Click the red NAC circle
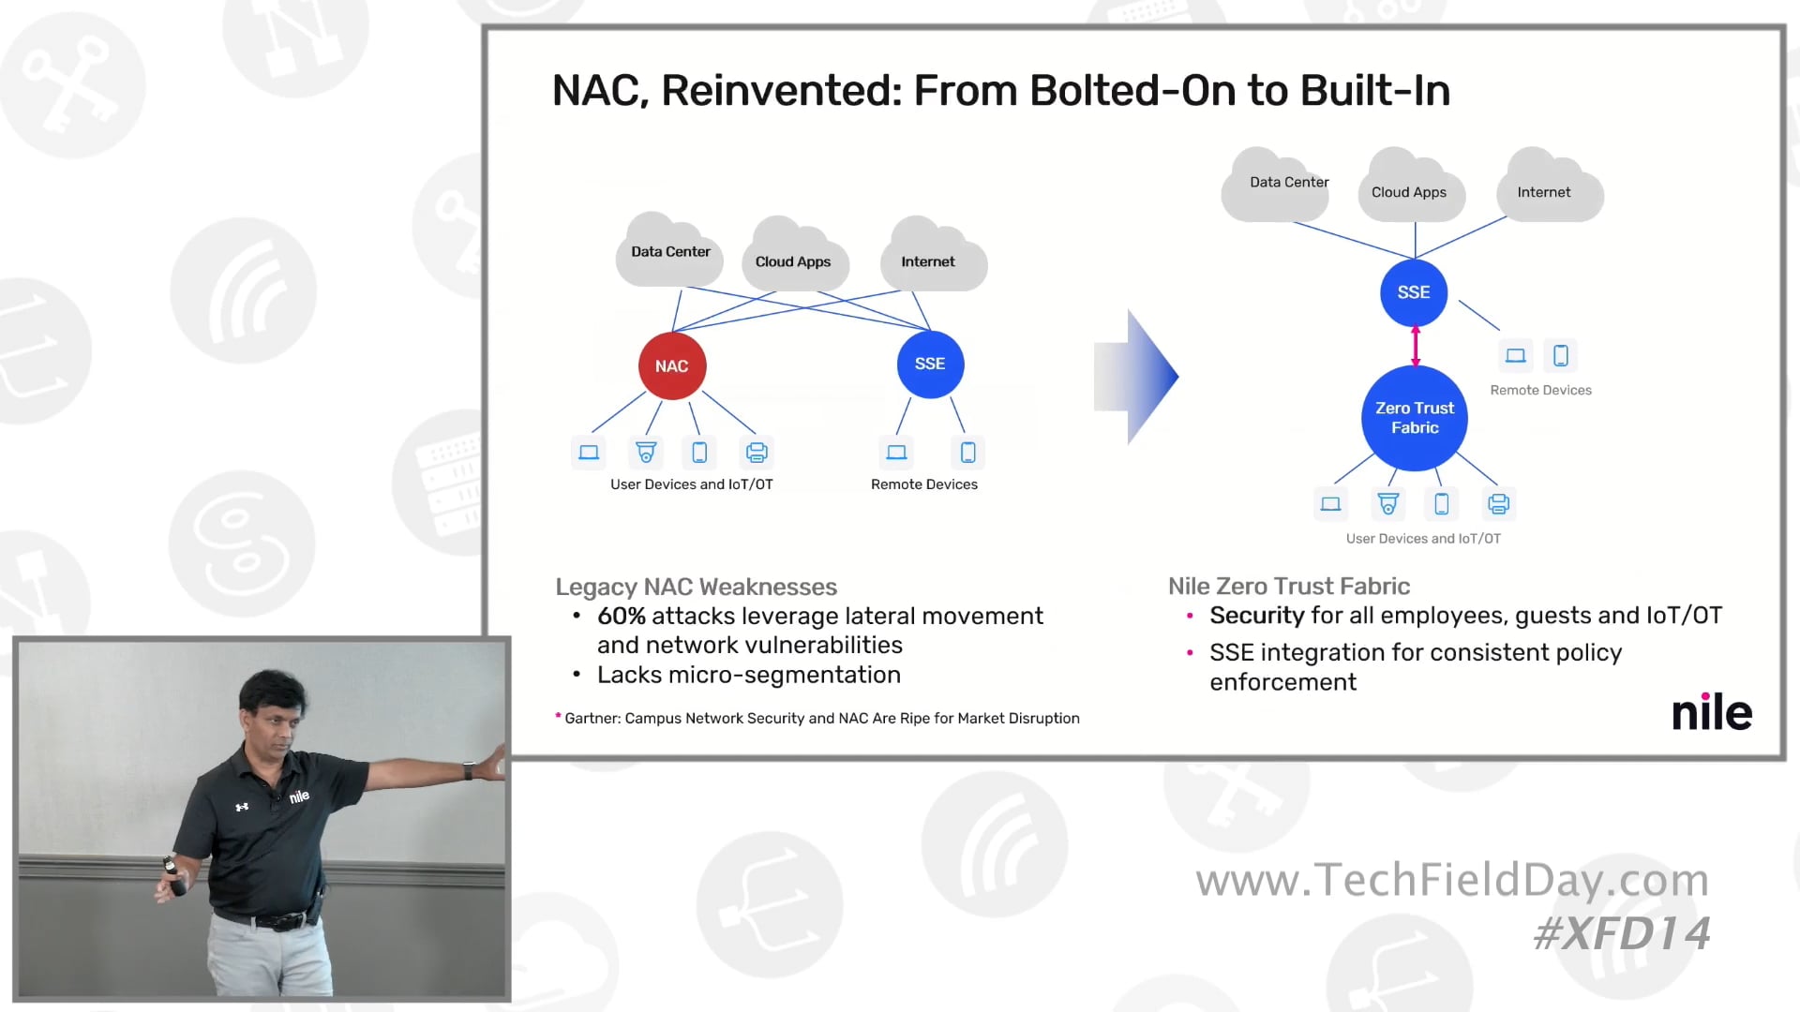[x=672, y=365]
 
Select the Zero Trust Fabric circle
[x=1415, y=418]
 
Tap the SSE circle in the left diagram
[x=930, y=364]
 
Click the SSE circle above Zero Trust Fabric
[x=1414, y=292]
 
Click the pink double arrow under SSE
[x=1416, y=346]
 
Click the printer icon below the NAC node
[x=757, y=453]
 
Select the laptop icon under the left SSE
[x=896, y=453]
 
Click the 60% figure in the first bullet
[x=622, y=616]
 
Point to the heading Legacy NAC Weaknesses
[x=696, y=587]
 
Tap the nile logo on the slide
[x=1712, y=712]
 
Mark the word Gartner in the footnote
[x=592, y=718]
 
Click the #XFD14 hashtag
[x=1622, y=933]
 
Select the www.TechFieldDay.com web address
[x=1452, y=880]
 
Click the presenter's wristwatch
[x=469, y=771]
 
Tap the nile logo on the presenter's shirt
[x=299, y=796]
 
